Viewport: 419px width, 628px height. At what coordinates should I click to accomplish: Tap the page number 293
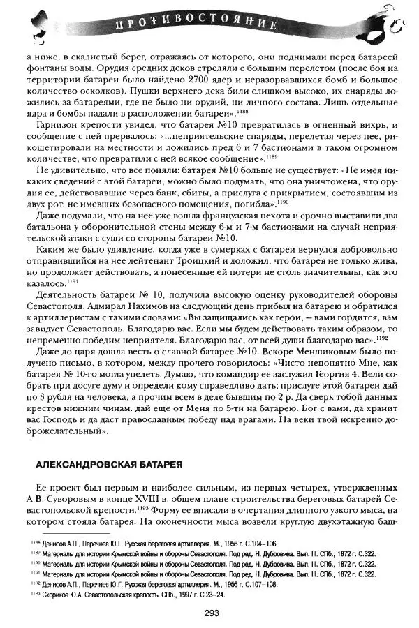[214, 613]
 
